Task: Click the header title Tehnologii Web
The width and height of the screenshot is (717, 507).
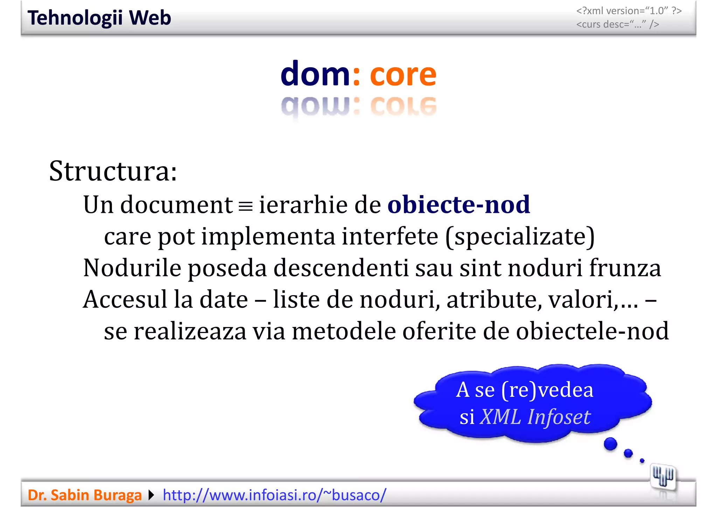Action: (99, 18)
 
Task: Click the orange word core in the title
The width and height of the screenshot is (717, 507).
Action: (403, 74)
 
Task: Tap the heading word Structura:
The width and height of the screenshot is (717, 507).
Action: (113, 171)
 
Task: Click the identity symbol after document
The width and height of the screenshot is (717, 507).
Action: (245, 206)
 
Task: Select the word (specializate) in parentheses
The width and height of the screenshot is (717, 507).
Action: (520, 237)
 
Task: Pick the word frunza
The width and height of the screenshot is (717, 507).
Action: (625, 268)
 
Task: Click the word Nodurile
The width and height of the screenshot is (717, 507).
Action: (132, 268)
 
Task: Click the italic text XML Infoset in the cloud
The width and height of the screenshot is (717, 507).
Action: (535, 417)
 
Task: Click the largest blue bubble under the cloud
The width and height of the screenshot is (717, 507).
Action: (611, 444)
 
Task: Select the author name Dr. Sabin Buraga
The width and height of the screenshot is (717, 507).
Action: (84, 495)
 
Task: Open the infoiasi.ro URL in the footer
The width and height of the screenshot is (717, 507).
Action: (274, 495)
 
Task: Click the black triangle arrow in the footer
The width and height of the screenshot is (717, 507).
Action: (151, 495)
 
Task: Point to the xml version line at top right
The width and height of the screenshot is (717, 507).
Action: (629, 11)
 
